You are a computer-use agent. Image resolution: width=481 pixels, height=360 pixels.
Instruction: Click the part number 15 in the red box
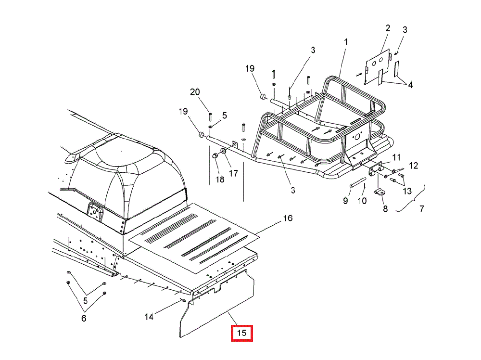pos(241,333)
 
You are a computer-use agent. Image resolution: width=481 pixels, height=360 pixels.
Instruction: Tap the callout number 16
pos(288,219)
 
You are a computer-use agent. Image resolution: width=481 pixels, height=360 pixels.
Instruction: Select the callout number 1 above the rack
pos(345,42)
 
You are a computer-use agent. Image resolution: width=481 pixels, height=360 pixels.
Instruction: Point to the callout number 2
pos(388,28)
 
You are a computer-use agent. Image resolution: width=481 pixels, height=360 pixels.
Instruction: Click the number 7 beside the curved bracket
pos(422,209)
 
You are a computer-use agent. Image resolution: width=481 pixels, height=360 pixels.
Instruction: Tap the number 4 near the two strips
pos(410,85)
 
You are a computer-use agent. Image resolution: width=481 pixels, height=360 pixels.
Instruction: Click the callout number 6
pos(84,318)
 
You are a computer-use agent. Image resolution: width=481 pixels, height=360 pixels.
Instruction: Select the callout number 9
pos(345,201)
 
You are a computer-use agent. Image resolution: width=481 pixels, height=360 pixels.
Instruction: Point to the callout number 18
pos(220,180)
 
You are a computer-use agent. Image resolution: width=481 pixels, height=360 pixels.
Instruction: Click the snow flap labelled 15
pos(216,313)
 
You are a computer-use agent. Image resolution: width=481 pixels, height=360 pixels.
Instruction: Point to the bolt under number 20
pos(210,116)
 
